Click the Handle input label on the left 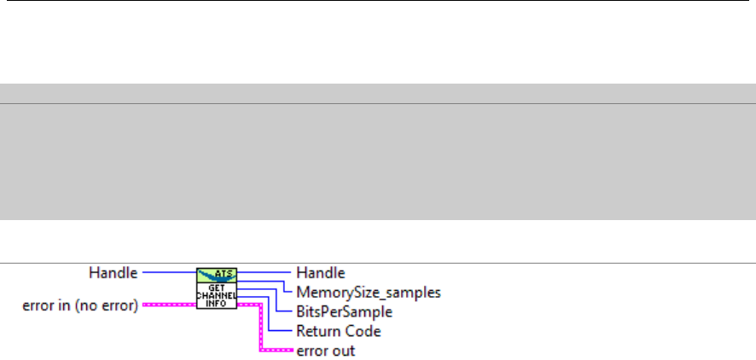pyautogui.click(x=113, y=274)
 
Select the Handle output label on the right pyautogui.click(x=320, y=274)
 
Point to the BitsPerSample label pyautogui.click(x=344, y=311)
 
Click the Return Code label pyautogui.click(x=338, y=331)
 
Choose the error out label pyautogui.click(x=325, y=350)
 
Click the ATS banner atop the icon pyautogui.click(x=217, y=274)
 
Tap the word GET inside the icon pyautogui.click(x=217, y=286)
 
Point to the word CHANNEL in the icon pyautogui.click(x=217, y=294)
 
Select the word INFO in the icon pyautogui.click(x=217, y=303)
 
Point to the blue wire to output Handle pyautogui.click(x=265, y=274)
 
